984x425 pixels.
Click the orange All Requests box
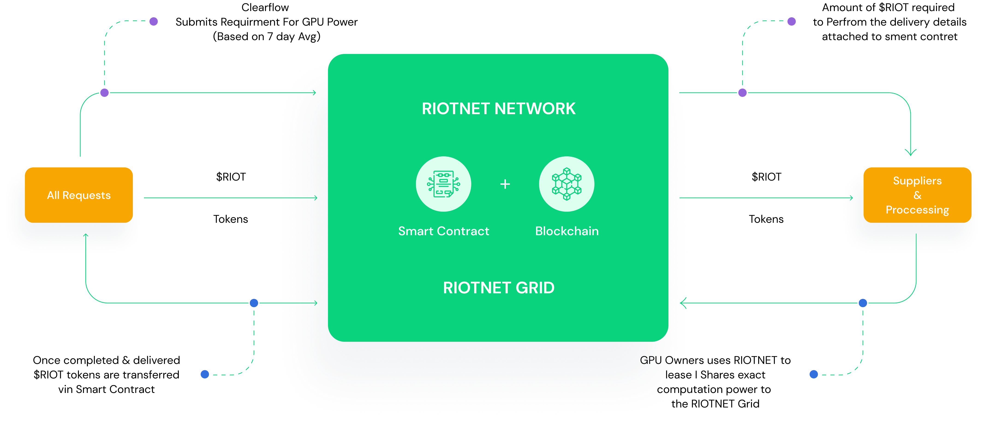pyautogui.click(x=79, y=195)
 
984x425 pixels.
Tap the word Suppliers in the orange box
pyautogui.click(x=917, y=181)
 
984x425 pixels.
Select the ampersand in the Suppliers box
pyautogui.click(x=917, y=195)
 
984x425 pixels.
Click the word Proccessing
pyautogui.click(x=917, y=210)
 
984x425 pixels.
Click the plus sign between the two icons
pyautogui.click(x=505, y=184)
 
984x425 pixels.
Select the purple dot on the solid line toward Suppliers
pyautogui.click(x=742, y=93)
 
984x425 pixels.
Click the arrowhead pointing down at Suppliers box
pyautogui.click(x=911, y=153)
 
